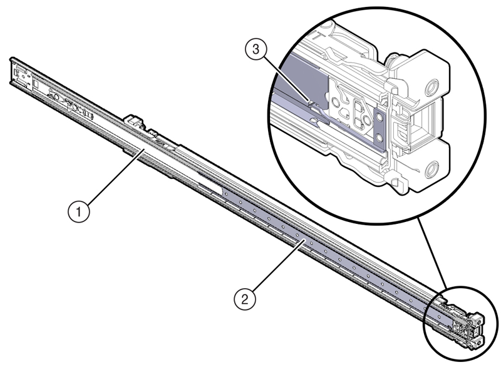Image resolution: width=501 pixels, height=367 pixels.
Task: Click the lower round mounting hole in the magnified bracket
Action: click(431, 169)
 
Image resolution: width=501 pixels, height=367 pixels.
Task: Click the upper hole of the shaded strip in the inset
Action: click(379, 117)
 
